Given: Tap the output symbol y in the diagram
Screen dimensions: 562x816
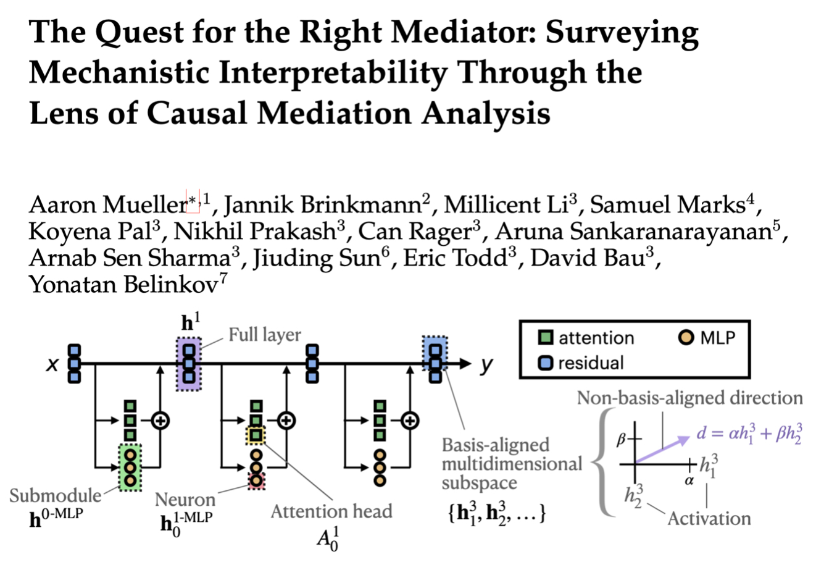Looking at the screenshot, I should (x=487, y=364).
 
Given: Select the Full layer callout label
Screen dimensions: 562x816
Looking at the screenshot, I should (x=264, y=335).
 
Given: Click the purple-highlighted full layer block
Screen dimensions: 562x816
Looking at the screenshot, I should (x=189, y=363).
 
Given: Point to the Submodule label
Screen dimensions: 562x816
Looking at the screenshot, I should (x=56, y=496).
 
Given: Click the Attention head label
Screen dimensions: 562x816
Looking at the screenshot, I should (x=331, y=511).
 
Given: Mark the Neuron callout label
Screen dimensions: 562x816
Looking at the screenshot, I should (x=185, y=499).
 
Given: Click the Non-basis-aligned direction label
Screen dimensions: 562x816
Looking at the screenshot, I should (x=690, y=398).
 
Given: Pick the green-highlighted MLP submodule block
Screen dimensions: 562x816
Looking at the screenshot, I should (x=130, y=467).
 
